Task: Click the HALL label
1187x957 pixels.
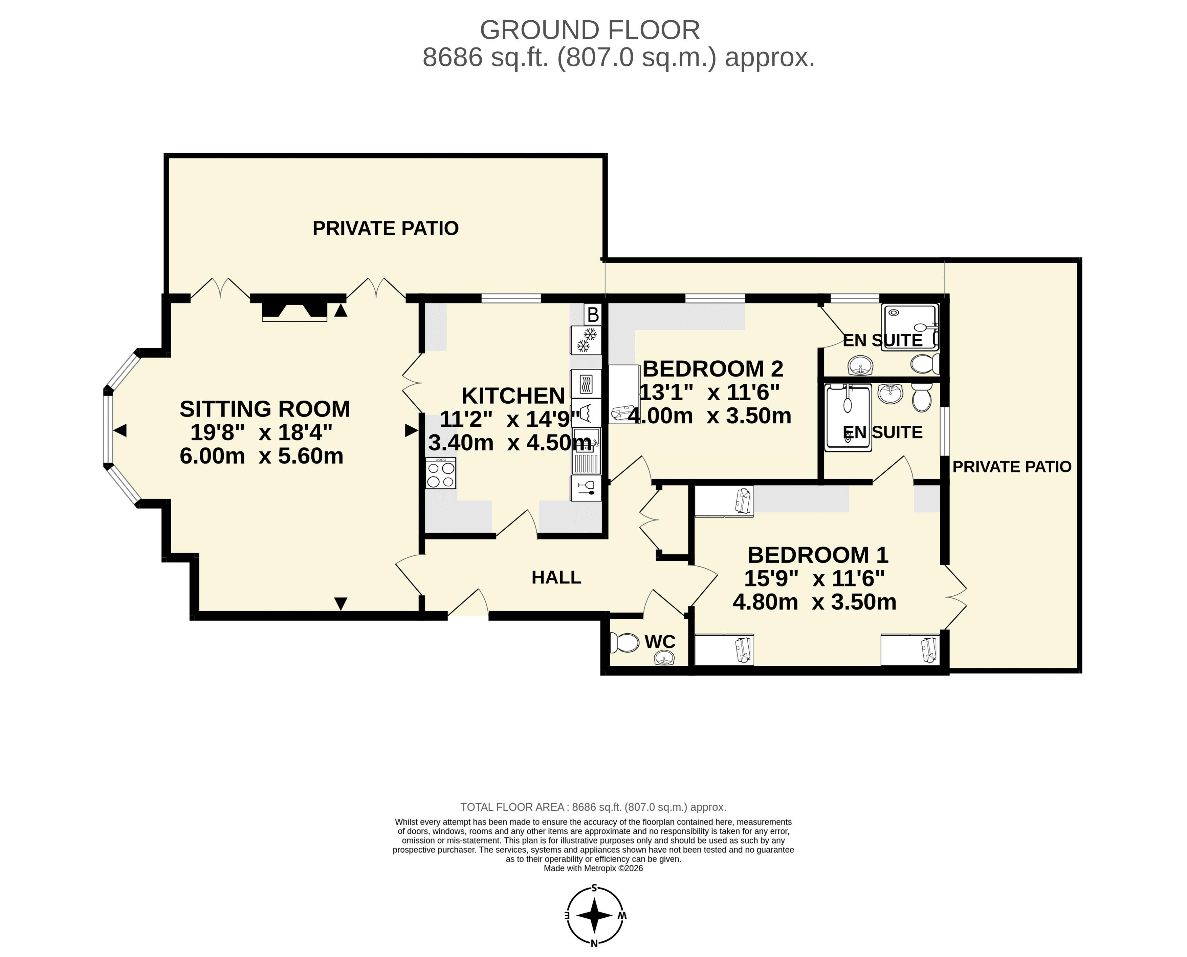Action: pos(556,577)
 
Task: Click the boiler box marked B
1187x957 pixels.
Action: pos(593,315)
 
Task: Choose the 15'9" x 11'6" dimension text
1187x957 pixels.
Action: pos(814,579)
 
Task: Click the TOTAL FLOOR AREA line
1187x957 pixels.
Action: pos(594,807)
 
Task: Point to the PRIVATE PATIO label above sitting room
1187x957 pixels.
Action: pos(386,228)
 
